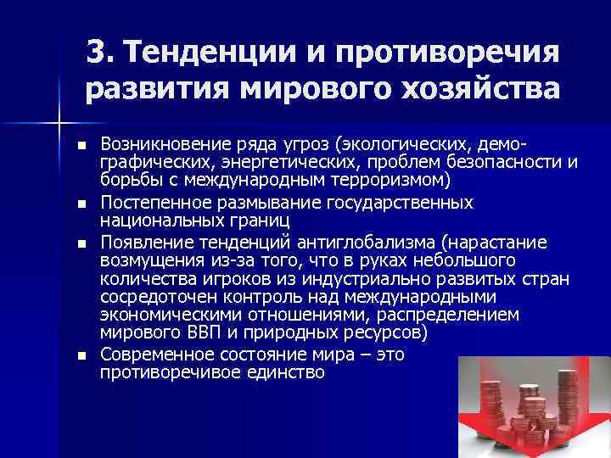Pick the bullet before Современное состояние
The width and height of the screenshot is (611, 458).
[x=81, y=355]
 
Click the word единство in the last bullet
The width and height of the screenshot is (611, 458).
[x=284, y=371]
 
